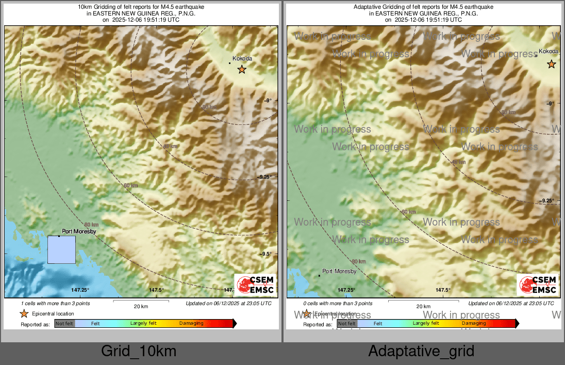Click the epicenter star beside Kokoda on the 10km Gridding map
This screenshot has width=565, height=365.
click(x=242, y=70)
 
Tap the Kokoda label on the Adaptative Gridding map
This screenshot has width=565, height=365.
click(x=548, y=52)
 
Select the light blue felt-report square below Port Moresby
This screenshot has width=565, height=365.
click(x=61, y=250)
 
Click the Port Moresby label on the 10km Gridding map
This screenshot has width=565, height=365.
click(x=79, y=232)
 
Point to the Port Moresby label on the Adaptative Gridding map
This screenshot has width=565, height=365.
click(x=339, y=271)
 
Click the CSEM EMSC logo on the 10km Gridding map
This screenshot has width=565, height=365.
click(x=255, y=285)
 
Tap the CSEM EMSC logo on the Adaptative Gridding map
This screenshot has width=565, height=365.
click(x=538, y=285)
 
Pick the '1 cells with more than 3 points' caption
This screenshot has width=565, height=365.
click(x=56, y=304)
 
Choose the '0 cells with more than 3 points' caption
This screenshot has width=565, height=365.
click(x=338, y=304)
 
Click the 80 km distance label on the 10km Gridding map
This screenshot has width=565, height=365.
click(x=91, y=225)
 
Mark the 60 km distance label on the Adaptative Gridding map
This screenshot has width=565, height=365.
click(x=408, y=212)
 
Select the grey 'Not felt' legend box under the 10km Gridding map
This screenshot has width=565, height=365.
click(x=64, y=324)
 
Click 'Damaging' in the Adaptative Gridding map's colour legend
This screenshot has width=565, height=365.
click(x=473, y=323)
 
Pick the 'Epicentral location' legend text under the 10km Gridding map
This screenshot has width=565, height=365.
click(x=53, y=313)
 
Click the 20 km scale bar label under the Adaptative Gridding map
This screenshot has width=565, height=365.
click(x=423, y=307)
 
